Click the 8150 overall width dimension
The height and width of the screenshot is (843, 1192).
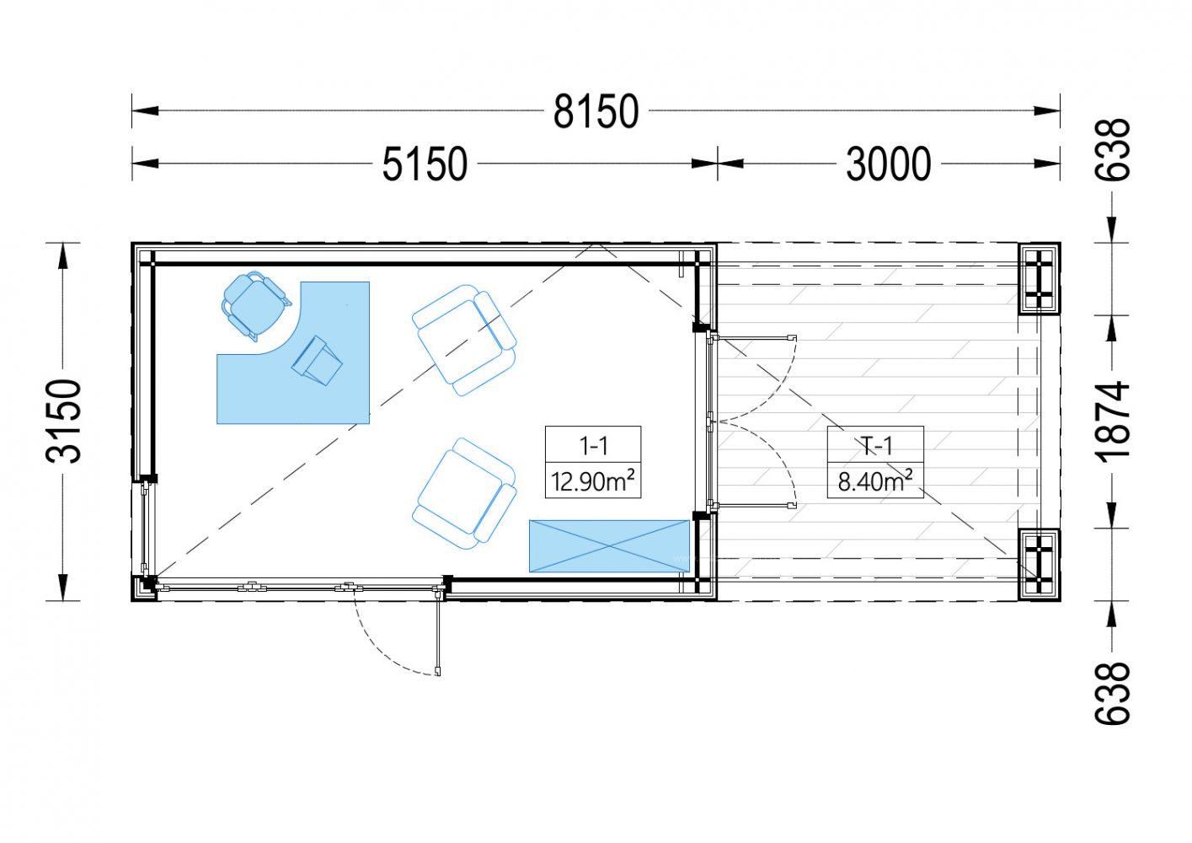[596, 111]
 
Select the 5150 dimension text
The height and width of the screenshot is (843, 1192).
[425, 164]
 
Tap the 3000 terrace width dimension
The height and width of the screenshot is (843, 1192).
[888, 164]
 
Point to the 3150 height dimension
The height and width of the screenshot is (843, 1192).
[64, 421]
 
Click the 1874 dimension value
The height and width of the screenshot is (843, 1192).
[1112, 421]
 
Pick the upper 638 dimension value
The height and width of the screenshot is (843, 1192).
[1112, 150]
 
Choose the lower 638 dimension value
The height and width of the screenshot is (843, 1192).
[1112, 693]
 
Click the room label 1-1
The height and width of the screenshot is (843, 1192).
[593, 445]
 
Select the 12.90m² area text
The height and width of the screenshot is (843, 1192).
[593, 481]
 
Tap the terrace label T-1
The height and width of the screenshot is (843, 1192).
[875, 445]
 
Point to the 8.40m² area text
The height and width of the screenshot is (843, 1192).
[875, 481]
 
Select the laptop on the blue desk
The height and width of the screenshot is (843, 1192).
[317, 360]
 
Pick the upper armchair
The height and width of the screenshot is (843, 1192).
[464, 341]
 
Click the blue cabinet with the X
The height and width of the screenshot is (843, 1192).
[609, 546]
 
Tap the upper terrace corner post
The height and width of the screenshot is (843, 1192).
[1038, 279]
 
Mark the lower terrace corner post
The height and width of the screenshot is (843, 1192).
[1038, 565]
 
